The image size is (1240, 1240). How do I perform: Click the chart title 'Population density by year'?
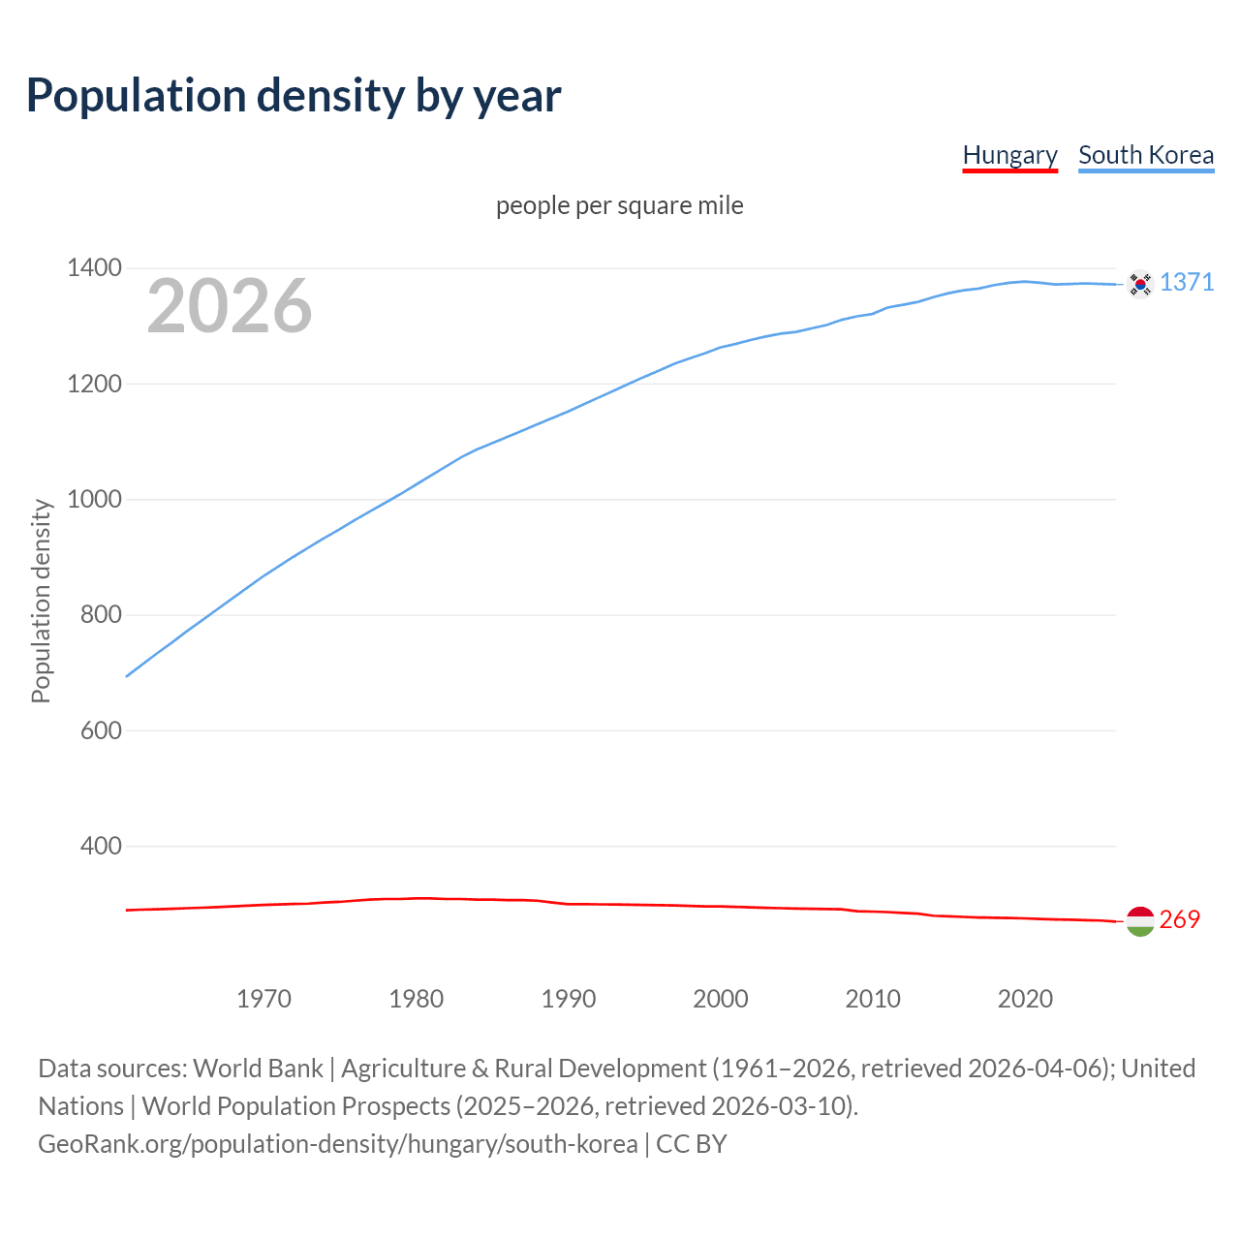tap(294, 95)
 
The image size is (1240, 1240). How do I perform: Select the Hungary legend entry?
tap(1009, 155)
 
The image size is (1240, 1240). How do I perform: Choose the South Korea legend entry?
tap(1146, 155)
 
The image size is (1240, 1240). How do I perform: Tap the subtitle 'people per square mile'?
tap(620, 205)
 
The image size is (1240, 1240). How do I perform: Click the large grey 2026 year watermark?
tap(230, 306)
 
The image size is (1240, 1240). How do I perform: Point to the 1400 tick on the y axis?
tap(94, 268)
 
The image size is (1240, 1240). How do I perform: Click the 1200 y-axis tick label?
tap(94, 384)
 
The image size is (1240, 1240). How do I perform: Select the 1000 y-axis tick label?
tap(94, 499)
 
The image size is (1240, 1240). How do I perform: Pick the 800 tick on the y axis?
tap(101, 615)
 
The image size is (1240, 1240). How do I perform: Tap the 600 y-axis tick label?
tap(101, 730)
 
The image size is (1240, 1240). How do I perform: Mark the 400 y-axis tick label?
tap(101, 846)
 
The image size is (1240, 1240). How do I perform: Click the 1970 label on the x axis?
tap(263, 999)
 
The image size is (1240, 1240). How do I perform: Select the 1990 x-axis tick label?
tap(569, 999)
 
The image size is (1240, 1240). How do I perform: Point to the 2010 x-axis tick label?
tap(873, 999)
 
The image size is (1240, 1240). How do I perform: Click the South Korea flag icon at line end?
tap(1140, 284)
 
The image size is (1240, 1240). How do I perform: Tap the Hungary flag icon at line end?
tap(1140, 921)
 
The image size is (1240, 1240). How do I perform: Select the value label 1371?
tap(1187, 282)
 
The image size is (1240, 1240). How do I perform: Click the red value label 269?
tap(1179, 919)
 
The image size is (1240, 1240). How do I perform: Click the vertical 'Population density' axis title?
tap(41, 601)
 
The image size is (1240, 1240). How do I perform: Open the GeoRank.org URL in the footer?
tap(337, 1144)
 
